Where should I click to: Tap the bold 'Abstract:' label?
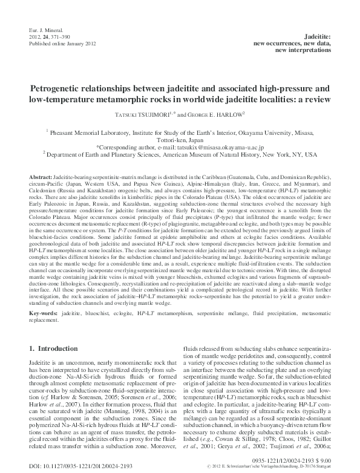coord(42,175)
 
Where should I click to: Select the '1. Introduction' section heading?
coord(54,350)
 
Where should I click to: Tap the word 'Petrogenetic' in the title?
coord(61,88)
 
